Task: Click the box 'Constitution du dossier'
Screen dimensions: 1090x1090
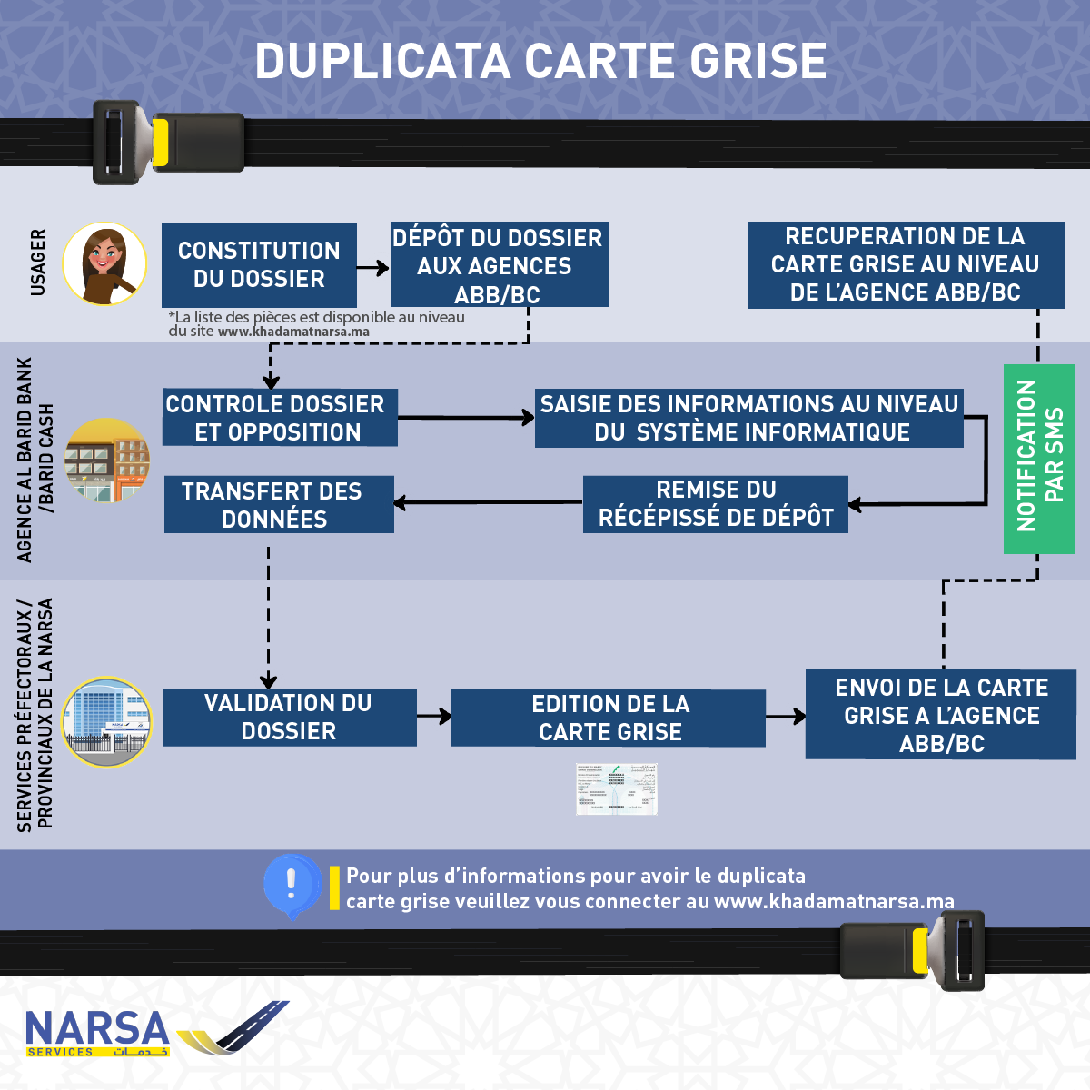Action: click(259, 264)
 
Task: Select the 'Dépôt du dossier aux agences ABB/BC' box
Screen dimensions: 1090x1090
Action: click(500, 264)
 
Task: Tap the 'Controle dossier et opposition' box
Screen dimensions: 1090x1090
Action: click(280, 418)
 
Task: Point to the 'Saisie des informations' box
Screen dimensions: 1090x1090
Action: click(748, 418)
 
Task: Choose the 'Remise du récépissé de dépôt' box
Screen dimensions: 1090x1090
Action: click(716, 503)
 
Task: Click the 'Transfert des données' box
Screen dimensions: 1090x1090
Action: click(279, 504)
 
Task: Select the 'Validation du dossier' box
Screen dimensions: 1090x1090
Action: click(289, 717)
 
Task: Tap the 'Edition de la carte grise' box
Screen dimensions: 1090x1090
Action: click(609, 718)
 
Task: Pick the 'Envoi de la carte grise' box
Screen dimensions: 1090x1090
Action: click(941, 714)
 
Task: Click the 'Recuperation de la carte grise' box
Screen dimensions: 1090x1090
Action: click(906, 264)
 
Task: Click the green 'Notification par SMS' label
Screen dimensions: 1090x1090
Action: click(1039, 458)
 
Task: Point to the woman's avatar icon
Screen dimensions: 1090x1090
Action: click(104, 263)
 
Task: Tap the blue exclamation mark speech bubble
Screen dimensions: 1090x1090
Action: click(292, 884)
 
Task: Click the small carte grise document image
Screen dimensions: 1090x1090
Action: click(617, 788)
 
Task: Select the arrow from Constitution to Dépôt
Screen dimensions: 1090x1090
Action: click(373, 268)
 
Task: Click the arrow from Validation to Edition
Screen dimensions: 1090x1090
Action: click(434, 717)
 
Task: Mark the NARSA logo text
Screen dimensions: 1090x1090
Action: click(97, 1029)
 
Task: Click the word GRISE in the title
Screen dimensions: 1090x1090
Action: click(758, 62)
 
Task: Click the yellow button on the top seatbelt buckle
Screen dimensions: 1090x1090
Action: click(160, 143)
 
